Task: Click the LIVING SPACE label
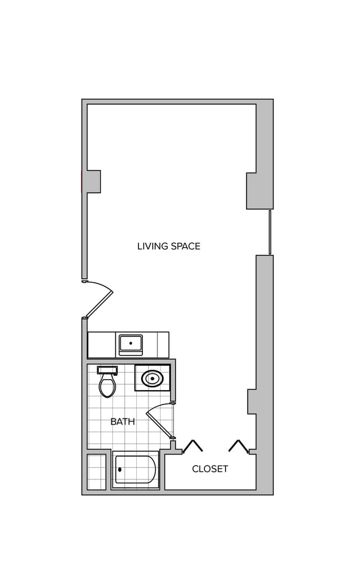tap(168, 246)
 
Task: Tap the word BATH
tap(122, 421)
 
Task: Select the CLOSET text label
tap(210, 469)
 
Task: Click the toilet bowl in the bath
tap(107, 386)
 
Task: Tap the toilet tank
tap(107, 370)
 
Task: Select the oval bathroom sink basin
tap(152, 379)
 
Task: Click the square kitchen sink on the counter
tap(131, 344)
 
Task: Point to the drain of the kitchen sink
tap(131, 343)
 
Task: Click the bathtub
tap(136, 470)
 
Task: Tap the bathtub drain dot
tap(120, 470)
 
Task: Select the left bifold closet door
tap(192, 446)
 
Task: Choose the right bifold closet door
tap(238, 446)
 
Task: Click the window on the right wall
tap(270, 232)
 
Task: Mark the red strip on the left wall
tap(82, 182)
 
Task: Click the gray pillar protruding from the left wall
tap(93, 182)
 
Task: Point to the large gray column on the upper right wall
tap(259, 191)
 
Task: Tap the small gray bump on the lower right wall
tap(252, 401)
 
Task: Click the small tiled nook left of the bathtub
tap(96, 472)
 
